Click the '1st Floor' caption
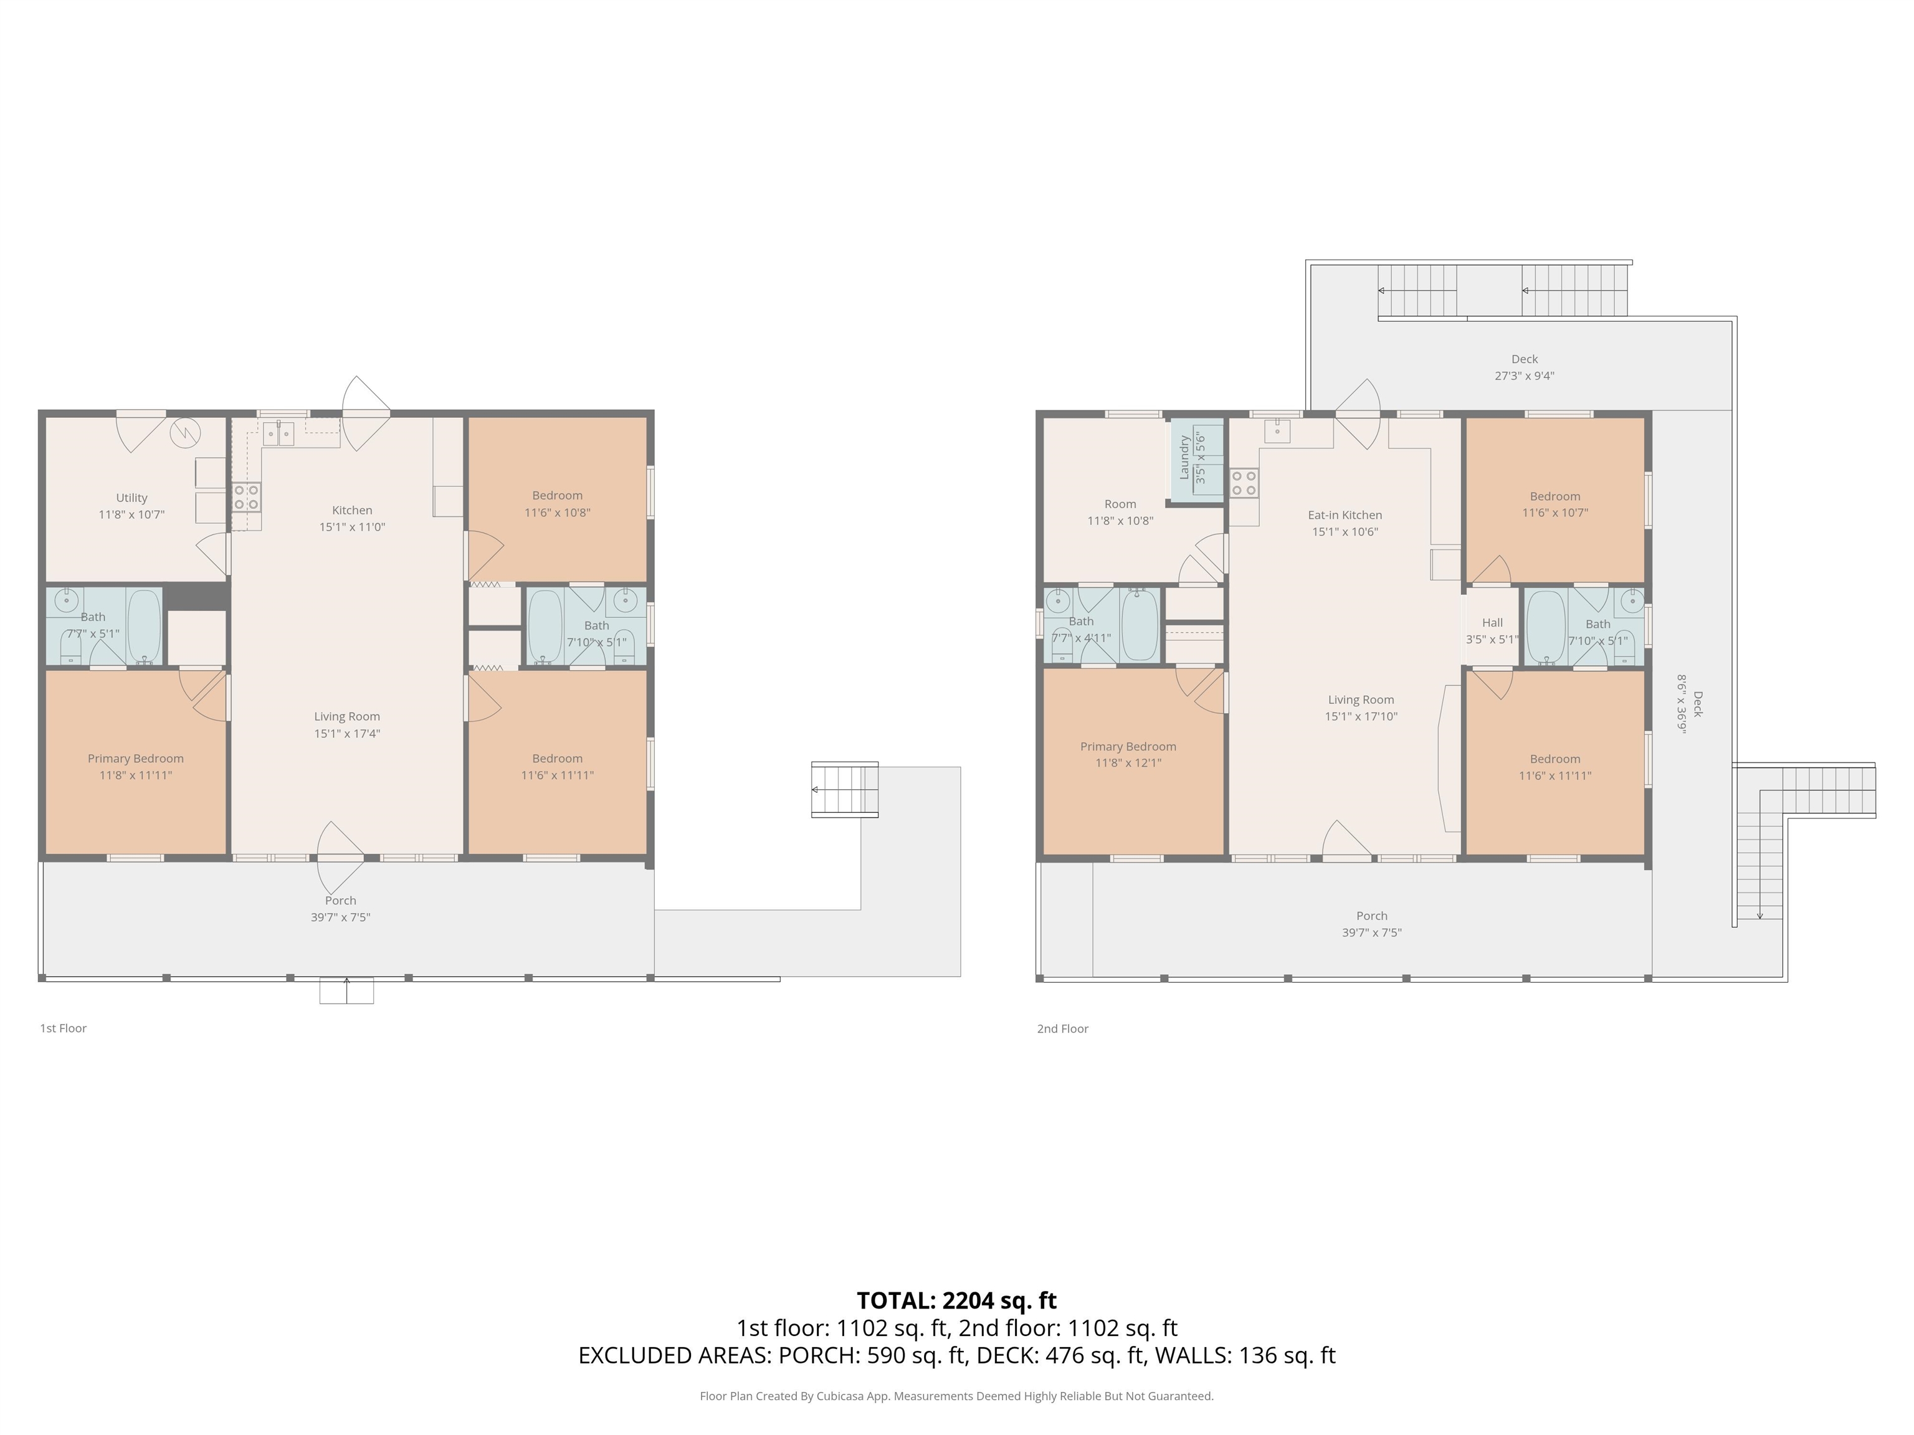coord(63,1028)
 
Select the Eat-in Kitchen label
coord(1345,514)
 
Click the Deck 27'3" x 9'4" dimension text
coord(1525,376)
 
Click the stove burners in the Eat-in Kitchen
coord(1244,483)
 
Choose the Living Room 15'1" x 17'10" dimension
coord(1361,716)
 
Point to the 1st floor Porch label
coord(341,901)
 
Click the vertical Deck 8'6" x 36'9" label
coord(1689,703)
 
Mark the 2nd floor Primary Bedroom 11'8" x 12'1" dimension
coord(1128,763)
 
